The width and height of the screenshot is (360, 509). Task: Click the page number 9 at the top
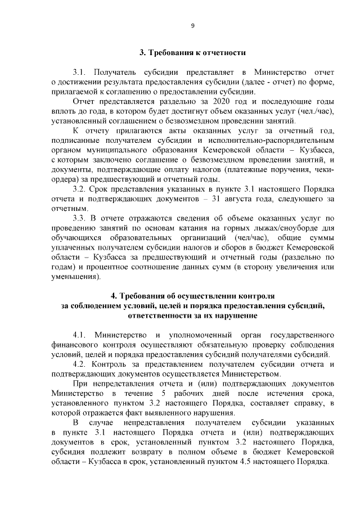[x=192, y=26]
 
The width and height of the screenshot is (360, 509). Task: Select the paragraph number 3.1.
[x=80, y=73]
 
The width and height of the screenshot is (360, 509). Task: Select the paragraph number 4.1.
[x=80, y=335]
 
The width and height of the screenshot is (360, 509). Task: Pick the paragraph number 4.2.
[x=80, y=364]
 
